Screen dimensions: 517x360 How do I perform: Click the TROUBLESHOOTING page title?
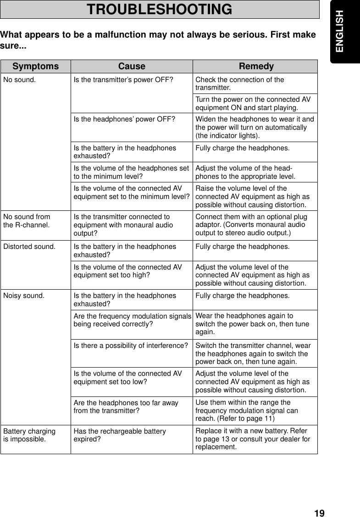160,10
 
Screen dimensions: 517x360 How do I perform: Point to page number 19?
319,512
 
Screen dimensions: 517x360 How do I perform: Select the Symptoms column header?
36,66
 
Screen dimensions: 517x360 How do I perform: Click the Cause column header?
132,66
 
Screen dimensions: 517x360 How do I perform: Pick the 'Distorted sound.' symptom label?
29,246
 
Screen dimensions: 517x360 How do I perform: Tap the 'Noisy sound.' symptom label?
24,296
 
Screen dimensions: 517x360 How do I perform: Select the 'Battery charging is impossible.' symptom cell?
29,435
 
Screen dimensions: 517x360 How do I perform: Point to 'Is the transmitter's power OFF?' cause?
123,80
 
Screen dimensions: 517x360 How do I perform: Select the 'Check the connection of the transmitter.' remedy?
240,84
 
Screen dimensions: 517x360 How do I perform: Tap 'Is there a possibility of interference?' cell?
131,345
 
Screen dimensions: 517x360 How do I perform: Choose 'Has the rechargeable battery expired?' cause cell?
120,435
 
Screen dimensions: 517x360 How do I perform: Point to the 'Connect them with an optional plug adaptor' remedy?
251,225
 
